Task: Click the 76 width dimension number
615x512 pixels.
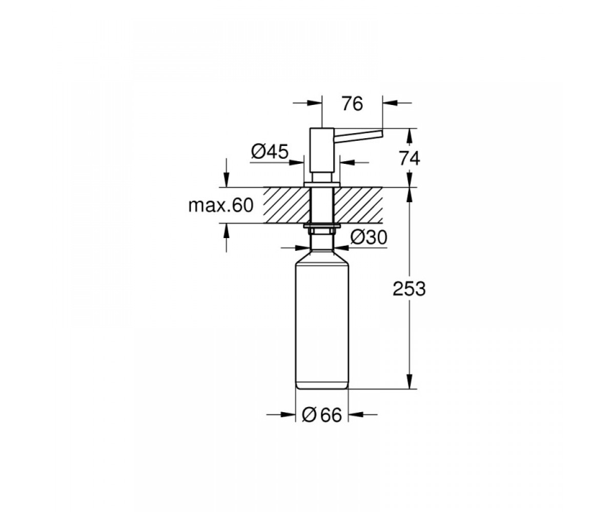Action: (353, 104)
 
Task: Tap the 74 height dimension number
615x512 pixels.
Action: (409, 159)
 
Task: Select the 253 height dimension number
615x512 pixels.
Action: (409, 289)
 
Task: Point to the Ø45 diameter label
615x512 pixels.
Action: (270, 152)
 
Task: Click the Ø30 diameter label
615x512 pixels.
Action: (369, 238)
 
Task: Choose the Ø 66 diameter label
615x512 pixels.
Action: (322, 415)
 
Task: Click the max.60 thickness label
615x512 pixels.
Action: (221, 205)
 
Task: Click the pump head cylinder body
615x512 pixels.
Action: (322, 151)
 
